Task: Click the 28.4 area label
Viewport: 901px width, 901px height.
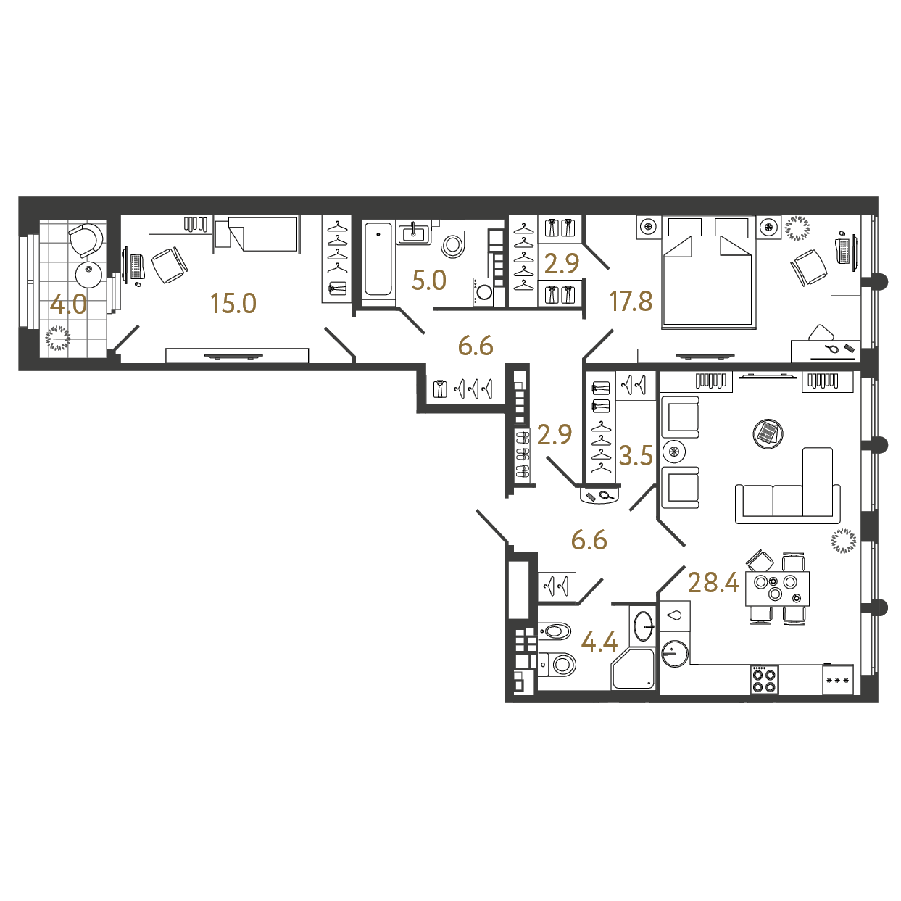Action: click(x=713, y=584)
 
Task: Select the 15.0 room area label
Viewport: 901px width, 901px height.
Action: click(x=233, y=303)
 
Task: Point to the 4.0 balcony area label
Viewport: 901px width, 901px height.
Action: click(x=68, y=305)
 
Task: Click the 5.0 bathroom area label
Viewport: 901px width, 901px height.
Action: click(x=429, y=281)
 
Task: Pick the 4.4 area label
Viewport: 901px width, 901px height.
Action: click(x=599, y=642)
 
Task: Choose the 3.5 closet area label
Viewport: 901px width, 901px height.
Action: click(x=636, y=455)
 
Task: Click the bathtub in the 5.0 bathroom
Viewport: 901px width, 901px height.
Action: click(x=378, y=259)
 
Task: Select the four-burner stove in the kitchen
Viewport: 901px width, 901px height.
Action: click(x=764, y=679)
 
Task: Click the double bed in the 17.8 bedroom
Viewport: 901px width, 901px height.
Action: click(x=708, y=272)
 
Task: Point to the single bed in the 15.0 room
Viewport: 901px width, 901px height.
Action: click(x=256, y=234)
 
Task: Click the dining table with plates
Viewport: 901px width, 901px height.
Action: click(x=777, y=588)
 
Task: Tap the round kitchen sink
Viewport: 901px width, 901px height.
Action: click(x=675, y=652)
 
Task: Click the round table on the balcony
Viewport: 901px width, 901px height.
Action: click(x=88, y=275)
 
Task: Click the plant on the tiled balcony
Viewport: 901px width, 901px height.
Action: click(x=58, y=338)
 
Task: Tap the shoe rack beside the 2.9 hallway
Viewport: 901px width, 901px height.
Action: click(x=523, y=454)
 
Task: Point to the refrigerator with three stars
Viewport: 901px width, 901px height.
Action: click(x=838, y=679)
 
